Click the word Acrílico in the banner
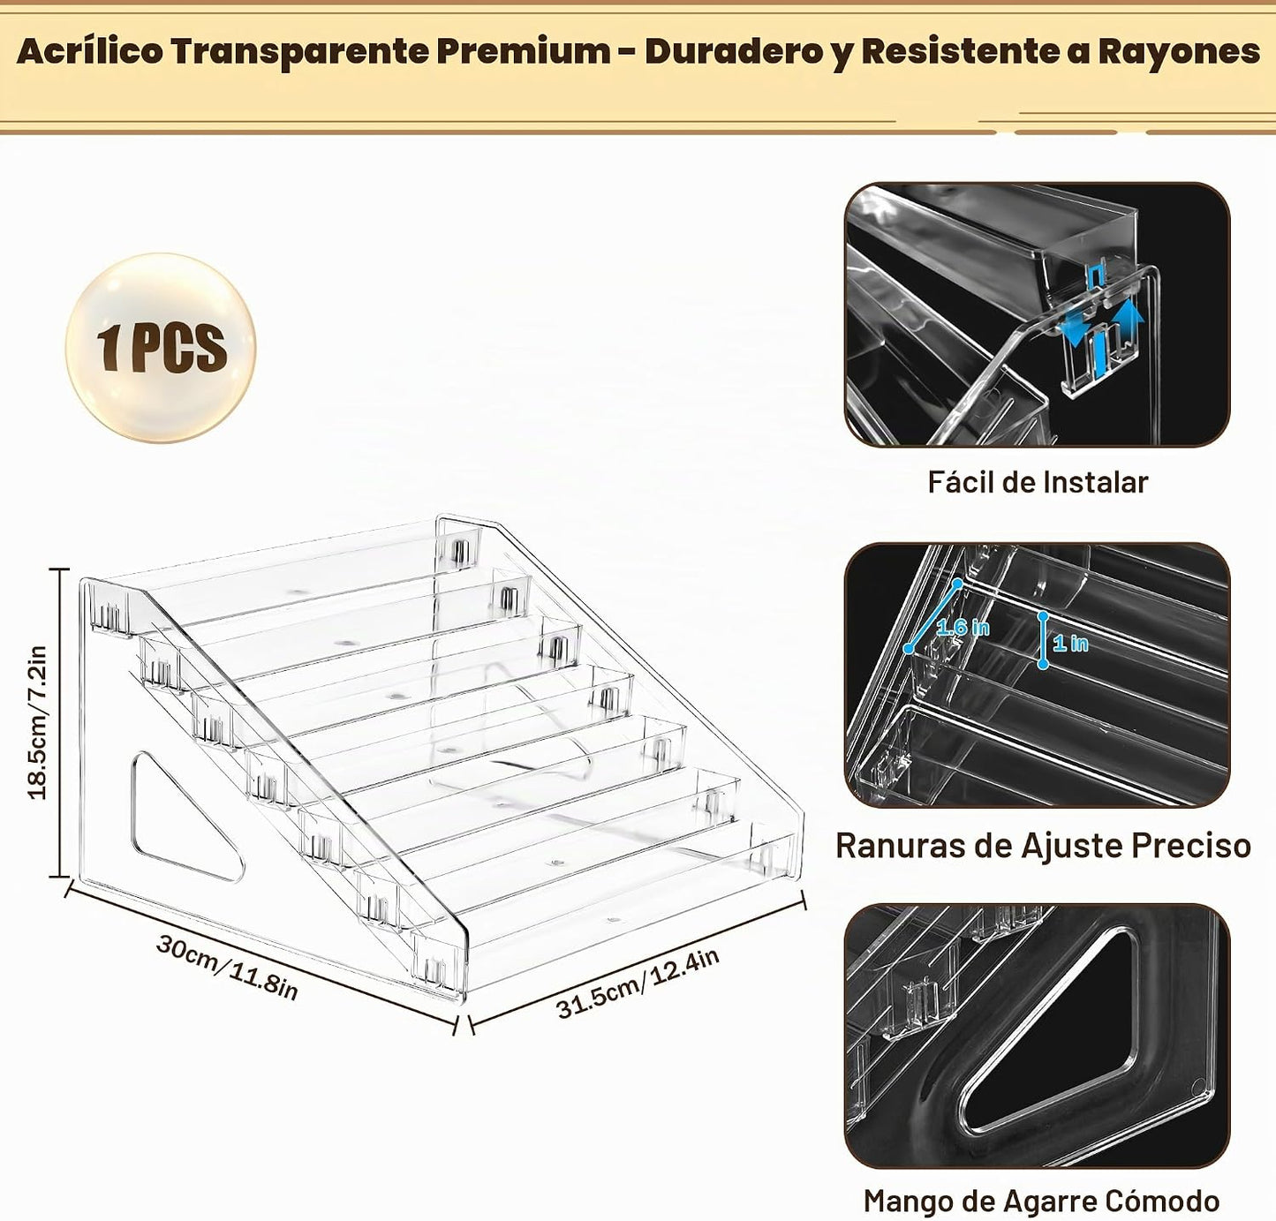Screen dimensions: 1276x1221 tap(90, 52)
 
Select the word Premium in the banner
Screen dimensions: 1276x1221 tap(524, 52)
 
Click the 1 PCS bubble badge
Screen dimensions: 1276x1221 tap(161, 348)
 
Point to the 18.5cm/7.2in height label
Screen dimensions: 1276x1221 tap(37, 722)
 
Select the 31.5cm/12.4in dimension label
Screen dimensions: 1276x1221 tap(638, 983)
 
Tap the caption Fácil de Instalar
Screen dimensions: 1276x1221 tap(1038, 482)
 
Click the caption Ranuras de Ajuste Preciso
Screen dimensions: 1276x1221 tap(1043, 845)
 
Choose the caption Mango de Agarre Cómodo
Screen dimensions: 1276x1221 tap(1041, 1201)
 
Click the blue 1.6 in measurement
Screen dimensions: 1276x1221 tap(963, 628)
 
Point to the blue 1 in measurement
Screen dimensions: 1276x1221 tap(1070, 644)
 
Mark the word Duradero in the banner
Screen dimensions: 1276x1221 tap(734, 52)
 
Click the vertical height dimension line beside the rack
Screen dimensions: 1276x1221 tap(60, 722)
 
